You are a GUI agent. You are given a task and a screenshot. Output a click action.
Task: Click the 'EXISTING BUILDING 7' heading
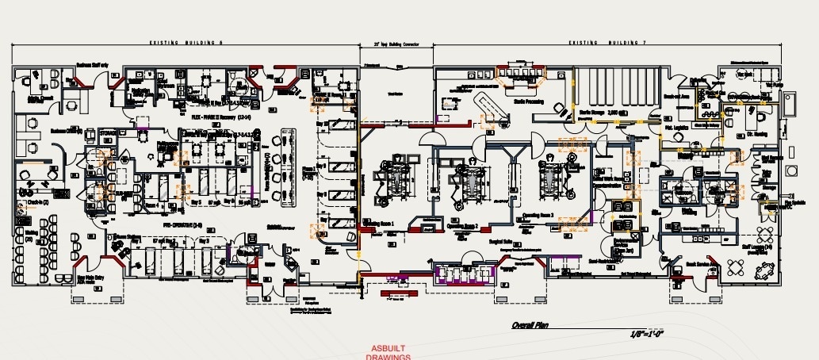point(607,42)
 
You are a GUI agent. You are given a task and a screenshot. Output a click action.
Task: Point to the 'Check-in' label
point(34,203)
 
